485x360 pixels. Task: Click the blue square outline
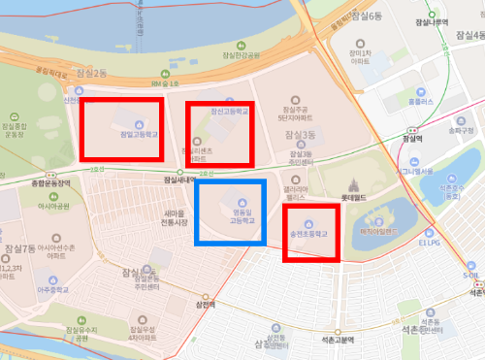231,213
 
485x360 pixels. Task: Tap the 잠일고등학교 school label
137,136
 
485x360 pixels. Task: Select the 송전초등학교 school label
309,234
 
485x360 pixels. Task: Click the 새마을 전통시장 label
175,218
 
